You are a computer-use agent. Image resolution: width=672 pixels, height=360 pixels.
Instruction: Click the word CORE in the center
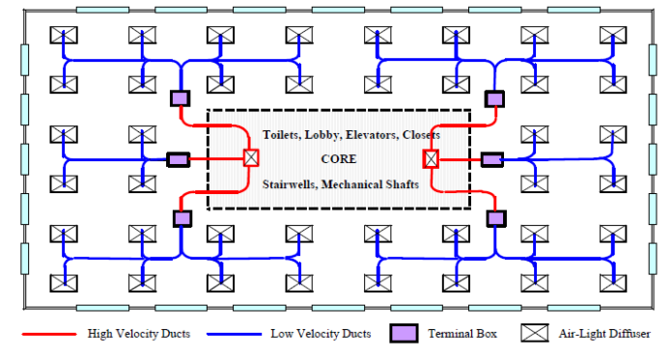click(339, 158)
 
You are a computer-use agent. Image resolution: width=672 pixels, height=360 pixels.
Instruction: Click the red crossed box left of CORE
click(250, 158)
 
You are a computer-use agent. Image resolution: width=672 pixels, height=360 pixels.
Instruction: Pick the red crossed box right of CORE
click(431, 158)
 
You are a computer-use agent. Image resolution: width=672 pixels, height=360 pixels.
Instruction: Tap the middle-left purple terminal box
click(178, 159)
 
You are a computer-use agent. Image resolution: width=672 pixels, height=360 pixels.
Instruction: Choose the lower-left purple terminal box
click(182, 219)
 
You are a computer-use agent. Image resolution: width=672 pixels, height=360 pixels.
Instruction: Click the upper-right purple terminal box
click(494, 98)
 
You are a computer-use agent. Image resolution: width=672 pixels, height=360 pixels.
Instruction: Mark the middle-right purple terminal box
click(492, 159)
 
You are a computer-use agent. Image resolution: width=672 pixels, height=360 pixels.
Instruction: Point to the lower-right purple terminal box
click(495, 219)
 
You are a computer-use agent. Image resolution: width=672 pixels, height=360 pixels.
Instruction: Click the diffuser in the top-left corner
click(64, 36)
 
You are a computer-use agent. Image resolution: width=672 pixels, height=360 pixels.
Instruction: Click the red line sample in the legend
click(47, 334)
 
